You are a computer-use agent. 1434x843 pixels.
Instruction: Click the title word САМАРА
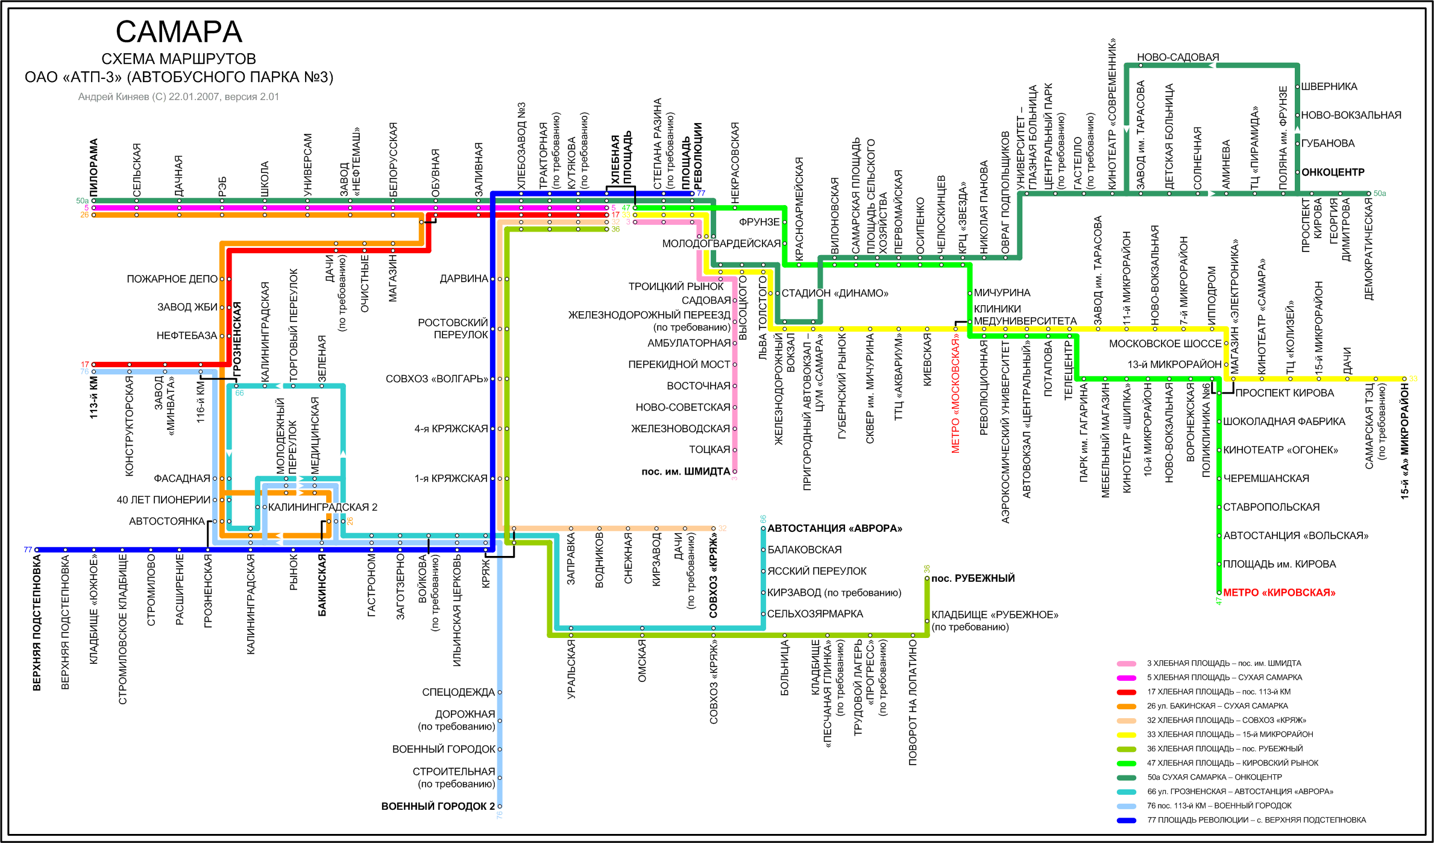(x=178, y=32)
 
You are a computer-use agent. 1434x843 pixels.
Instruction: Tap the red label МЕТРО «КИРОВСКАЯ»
(x=1278, y=593)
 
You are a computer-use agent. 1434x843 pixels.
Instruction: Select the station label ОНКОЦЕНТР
(x=1332, y=172)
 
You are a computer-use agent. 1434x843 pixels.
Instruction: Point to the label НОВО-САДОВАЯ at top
(x=1177, y=57)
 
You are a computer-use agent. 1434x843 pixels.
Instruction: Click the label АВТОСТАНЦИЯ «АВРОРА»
(x=834, y=529)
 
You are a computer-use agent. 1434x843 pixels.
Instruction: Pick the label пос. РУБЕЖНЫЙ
(x=973, y=578)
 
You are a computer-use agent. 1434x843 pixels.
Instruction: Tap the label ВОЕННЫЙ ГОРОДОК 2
(x=438, y=806)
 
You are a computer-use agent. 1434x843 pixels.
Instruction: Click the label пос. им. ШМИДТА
(x=685, y=472)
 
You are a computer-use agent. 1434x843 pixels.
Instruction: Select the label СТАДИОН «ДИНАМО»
(x=834, y=294)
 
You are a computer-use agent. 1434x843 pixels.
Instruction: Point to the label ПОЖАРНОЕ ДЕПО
(x=172, y=279)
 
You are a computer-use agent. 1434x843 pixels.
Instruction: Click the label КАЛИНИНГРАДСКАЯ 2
(x=322, y=507)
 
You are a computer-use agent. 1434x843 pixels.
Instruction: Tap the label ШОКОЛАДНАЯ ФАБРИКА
(x=1283, y=421)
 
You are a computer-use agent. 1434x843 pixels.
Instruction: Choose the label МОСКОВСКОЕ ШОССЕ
(x=1165, y=344)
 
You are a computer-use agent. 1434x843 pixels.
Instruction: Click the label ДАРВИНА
(x=464, y=279)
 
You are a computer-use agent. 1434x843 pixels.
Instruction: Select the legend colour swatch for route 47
(x=1126, y=763)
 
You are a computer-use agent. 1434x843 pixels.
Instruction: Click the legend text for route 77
(x=1256, y=820)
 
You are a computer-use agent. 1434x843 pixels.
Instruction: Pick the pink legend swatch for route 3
(x=1126, y=663)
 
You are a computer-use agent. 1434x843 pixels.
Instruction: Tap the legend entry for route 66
(x=1239, y=792)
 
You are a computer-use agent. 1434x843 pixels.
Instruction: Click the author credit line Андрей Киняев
(x=178, y=96)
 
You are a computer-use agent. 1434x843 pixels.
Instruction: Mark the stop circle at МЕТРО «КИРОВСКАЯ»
(x=1219, y=593)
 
